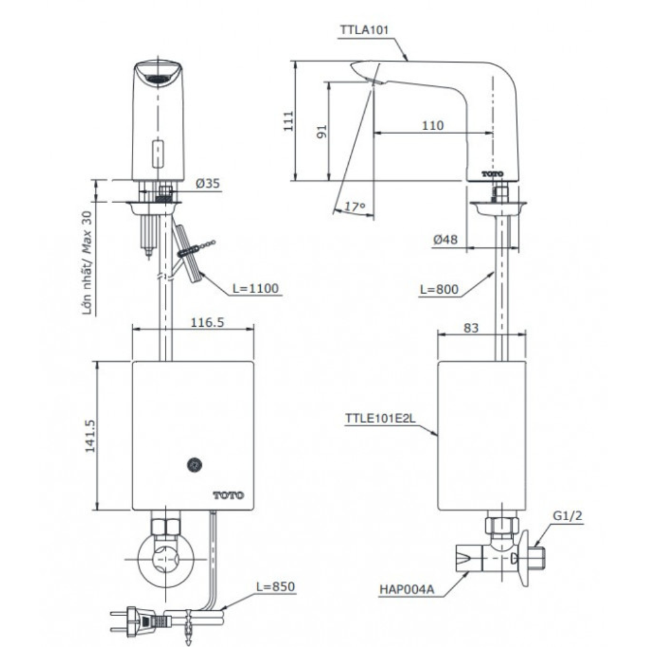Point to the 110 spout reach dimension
[432, 125]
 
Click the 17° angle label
[355, 207]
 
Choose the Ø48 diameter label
[445, 239]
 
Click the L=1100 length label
[257, 289]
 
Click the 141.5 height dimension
[90, 435]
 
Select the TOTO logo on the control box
[228, 495]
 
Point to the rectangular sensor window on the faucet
[156, 153]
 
